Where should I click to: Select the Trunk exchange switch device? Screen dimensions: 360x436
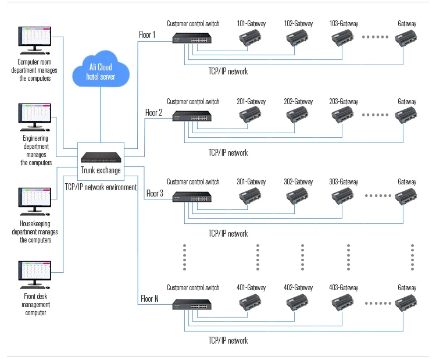point(101,157)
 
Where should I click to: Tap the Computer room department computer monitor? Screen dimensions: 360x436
point(34,38)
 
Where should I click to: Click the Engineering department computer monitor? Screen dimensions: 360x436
point(34,114)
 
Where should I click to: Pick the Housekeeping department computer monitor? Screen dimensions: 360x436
point(34,198)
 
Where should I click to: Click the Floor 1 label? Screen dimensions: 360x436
point(147,35)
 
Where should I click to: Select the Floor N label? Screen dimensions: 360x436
point(149,300)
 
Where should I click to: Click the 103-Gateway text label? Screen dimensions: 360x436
point(344,24)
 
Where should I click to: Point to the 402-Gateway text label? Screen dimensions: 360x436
point(298,287)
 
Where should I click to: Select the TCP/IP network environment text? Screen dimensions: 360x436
point(101,187)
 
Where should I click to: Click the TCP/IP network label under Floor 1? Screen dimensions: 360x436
point(228,72)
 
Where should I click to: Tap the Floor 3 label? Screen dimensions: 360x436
point(155,193)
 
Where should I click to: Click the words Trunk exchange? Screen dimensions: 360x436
point(101,170)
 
